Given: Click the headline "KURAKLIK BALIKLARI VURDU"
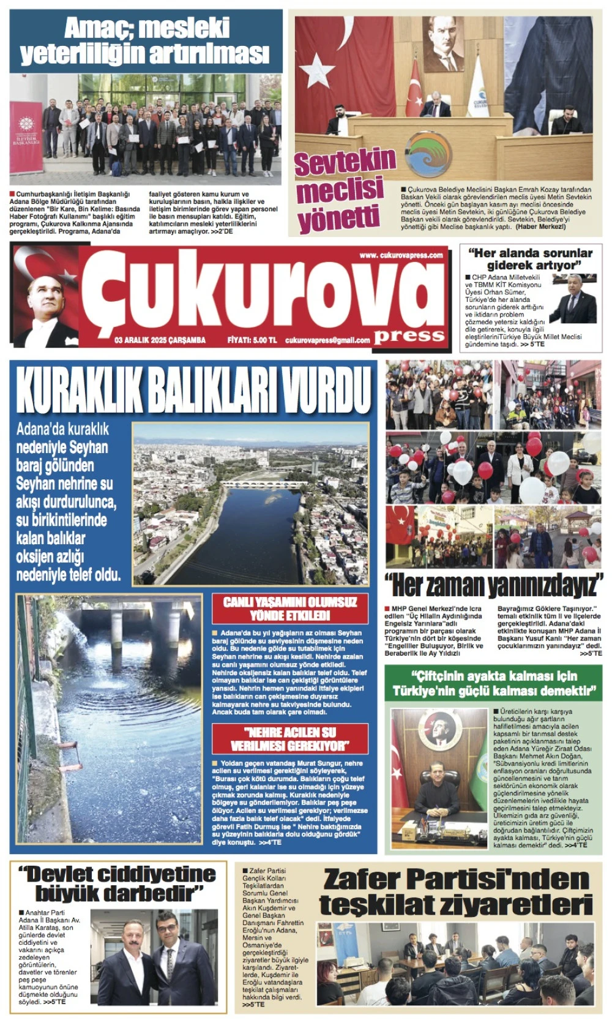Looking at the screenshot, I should tap(193, 389).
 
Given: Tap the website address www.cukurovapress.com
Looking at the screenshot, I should tap(401, 255).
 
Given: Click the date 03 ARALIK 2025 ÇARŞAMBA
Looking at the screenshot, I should tap(160, 340).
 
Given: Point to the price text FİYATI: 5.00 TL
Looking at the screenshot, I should tap(252, 340).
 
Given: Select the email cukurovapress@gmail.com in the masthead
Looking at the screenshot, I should tap(327, 340).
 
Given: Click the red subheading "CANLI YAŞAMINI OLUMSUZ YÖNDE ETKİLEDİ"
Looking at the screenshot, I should tap(290, 609).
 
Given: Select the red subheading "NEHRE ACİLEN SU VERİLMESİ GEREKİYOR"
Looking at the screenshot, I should tap(290, 738).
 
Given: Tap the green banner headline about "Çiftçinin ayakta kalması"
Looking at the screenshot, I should tap(493, 683).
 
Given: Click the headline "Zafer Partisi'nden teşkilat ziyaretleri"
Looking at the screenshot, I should tap(456, 891).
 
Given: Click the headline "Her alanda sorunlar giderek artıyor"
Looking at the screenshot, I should tap(530, 258).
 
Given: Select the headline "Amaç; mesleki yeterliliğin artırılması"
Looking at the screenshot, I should tap(146, 42).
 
